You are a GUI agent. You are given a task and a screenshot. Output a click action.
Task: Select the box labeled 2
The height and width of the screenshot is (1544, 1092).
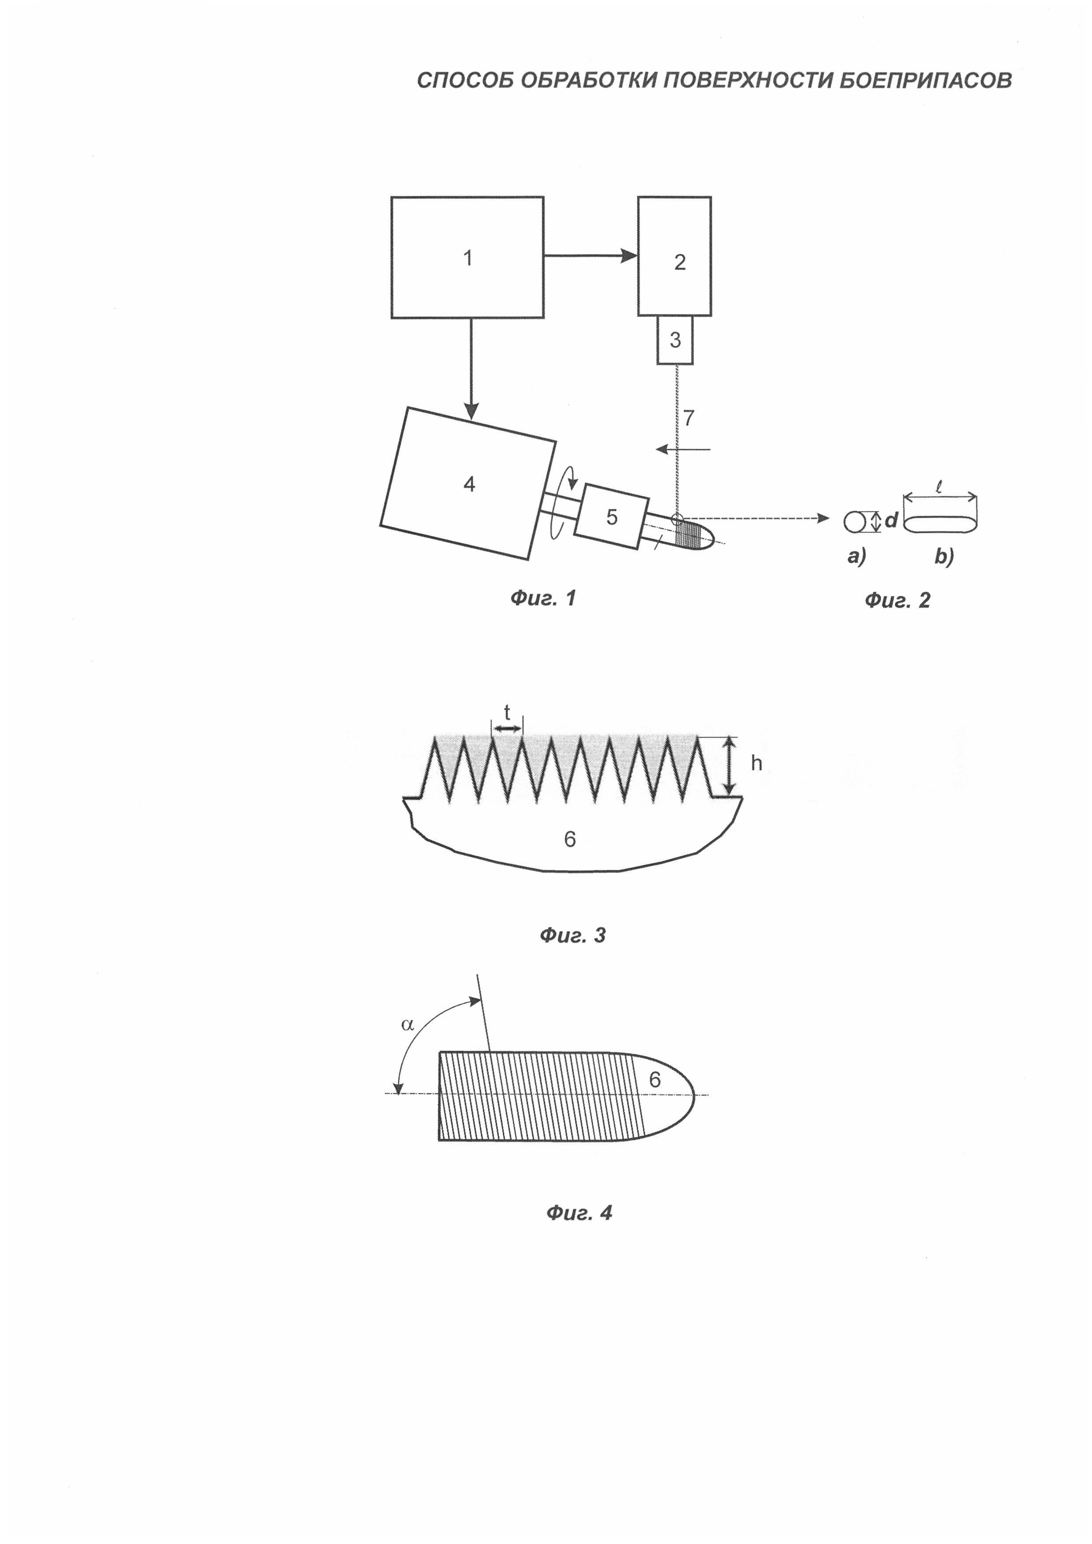[675, 255]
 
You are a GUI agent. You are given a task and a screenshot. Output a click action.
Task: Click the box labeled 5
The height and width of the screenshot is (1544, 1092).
[611, 516]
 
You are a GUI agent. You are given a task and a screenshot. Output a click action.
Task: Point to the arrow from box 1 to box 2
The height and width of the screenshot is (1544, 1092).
[590, 255]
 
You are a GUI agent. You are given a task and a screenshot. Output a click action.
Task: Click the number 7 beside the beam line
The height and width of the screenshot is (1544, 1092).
[689, 418]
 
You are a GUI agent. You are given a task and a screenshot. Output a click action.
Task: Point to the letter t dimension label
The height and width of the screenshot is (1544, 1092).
[507, 713]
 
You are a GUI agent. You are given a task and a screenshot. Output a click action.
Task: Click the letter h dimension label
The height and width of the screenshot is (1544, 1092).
[756, 763]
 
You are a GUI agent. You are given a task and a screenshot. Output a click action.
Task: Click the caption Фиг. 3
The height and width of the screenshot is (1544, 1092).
[572, 935]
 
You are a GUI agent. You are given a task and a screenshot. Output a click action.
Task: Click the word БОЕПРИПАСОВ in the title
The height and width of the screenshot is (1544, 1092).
[926, 81]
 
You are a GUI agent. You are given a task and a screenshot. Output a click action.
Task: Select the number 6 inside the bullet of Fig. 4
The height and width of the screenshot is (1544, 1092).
[654, 1080]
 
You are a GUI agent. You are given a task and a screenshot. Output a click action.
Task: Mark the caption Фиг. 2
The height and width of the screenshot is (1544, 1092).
[897, 600]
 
